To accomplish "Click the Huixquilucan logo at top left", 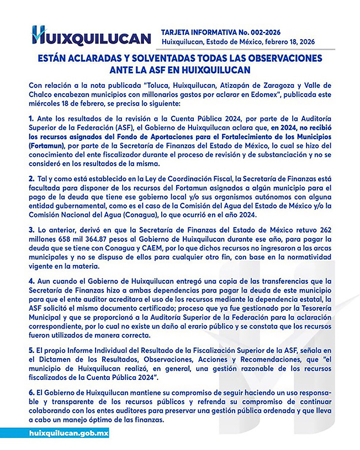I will pos(91,36).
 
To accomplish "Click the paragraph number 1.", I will pos(31,118).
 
